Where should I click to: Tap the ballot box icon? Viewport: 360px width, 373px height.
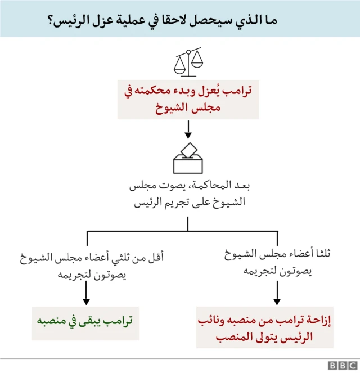[188, 159]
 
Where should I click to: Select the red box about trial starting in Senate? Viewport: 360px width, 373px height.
[188, 99]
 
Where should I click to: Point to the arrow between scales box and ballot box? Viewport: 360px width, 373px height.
[188, 130]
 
